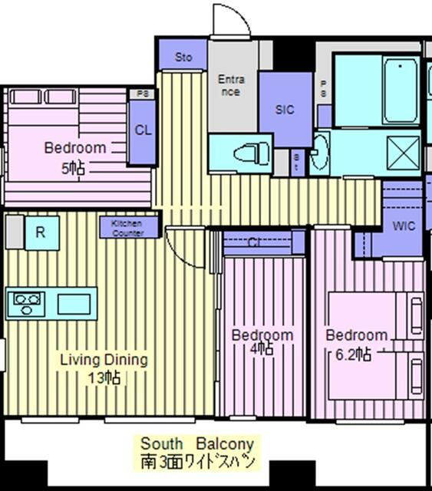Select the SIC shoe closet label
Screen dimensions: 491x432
click(x=285, y=110)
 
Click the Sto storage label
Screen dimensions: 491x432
click(x=183, y=58)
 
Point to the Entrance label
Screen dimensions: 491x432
click(x=231, y=85)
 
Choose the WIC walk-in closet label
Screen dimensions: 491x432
click(x=404, y=226)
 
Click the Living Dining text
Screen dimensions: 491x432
click(x=104, y=359)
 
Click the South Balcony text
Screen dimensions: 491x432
click(x=196, y=444)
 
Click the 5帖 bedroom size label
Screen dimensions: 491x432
click(x=74, y=168)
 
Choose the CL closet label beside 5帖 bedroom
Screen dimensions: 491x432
click(x=143, y=130)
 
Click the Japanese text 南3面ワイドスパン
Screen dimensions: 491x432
click(x=196, y=462)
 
